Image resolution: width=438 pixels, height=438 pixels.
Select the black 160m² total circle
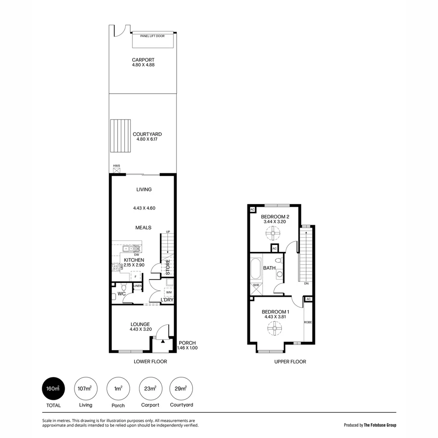(54, 389)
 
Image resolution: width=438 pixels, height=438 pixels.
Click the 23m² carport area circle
(150, 389)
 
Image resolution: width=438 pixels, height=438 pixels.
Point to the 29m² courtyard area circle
(181, 389)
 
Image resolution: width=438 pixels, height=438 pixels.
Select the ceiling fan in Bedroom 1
(275, 328)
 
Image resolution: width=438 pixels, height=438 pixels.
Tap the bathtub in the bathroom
(255, 268)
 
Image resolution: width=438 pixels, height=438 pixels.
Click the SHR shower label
(256, 285)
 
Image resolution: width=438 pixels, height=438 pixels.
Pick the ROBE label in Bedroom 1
(308, 322)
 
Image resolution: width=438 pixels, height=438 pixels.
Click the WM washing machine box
(168, 292)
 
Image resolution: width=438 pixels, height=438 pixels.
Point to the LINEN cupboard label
(138, 286)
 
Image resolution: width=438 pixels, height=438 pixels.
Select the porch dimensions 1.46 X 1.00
(187, 348)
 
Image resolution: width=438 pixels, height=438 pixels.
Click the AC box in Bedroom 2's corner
(252, 210)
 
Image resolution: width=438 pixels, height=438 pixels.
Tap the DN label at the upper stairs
(306, 283)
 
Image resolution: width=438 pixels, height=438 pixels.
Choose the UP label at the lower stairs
(167, 232)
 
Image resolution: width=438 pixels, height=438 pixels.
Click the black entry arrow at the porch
(163, 342)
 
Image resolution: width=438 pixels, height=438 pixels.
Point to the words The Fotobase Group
(380, 425)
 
